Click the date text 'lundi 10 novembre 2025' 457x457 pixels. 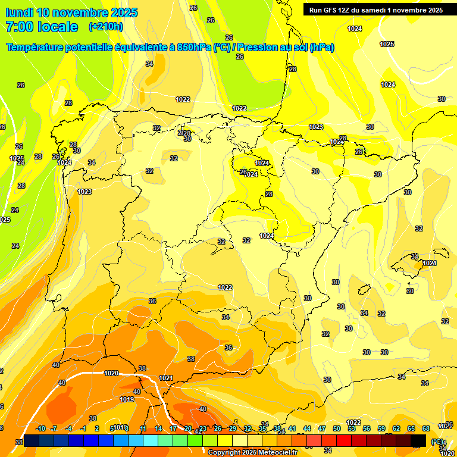pos(71,12)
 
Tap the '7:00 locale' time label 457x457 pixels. pos(42,27)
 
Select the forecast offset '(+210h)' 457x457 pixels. pos(106,27)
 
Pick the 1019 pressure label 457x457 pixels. pos(127,399)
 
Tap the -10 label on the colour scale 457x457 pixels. pos(40,428)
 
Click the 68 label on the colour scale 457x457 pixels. pos(426,428)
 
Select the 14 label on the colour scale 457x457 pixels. pos(158,428)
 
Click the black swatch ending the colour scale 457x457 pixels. pos(419,440)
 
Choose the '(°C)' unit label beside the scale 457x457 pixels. pos(438,442)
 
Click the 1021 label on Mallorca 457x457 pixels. pos(429,263)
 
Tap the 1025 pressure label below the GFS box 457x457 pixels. pos(387,44)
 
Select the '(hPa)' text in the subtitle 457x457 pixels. pos(321,47)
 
